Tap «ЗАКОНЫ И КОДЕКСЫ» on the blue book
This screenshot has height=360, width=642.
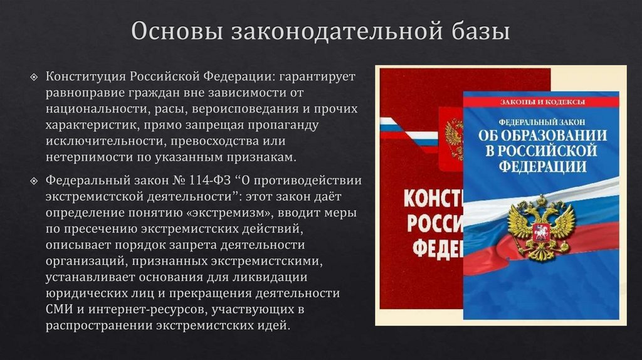pos(543,102)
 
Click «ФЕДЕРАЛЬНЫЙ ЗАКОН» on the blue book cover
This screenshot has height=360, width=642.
pos(543,120)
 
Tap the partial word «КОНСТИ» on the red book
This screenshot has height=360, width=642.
pos(432,200)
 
